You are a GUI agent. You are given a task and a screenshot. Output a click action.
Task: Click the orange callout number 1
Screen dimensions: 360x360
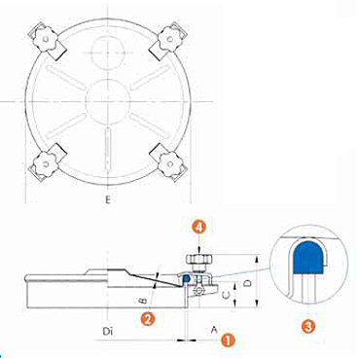pyautogui.click(x=228, y=341)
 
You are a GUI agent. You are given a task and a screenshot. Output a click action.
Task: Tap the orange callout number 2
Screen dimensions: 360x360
pyautogui.click(x=147, y=319)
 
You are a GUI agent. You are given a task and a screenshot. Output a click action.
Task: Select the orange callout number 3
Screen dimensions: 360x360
pyautogui.click(x=308, y=325)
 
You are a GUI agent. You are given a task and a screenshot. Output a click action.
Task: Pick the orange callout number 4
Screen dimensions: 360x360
pyautogui.click(x=199, y=228)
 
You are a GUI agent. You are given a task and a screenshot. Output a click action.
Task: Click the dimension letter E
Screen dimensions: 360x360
pyautogui.click(x=108, y=199)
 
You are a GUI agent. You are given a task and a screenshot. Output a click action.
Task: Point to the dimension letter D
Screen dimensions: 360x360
pyautogui.click(x=247, y=283)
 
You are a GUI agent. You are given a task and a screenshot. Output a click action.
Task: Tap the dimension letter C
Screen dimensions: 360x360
pyautogui.click(x=228, y=295)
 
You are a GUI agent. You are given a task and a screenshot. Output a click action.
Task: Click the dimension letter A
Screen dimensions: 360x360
pyautogui.click(x=214, y=330)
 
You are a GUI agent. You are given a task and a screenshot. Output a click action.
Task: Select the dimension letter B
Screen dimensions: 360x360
pyautogui.click(x=143, y=301)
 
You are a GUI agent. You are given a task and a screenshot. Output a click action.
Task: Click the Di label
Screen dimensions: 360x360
pyautogui.click(x=107, y=332)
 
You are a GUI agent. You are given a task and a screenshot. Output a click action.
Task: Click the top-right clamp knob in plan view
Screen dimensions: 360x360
pyautogui.click(x=169, y=39)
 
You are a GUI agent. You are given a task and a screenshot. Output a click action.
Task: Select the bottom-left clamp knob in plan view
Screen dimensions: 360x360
pyautogui.click(x=47, y=163)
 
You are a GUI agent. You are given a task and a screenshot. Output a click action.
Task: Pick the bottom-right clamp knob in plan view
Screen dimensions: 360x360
pyautogui.click(x=169, y=163)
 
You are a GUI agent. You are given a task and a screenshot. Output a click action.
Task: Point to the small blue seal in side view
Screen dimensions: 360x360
pyautogui.click(x=187, y=278)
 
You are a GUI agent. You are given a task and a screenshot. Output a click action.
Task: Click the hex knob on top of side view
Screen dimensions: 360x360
pyautogui.click(x=198, y=260)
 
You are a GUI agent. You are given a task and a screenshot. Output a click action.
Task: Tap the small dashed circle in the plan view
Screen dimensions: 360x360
pyautogui.click(x=107, y=53)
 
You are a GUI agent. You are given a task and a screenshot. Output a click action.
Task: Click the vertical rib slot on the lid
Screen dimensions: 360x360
pyautogui.click(x=107, y=149)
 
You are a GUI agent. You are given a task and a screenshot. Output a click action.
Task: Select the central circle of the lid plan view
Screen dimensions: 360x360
pyautogui.click(x=107, y=101)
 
